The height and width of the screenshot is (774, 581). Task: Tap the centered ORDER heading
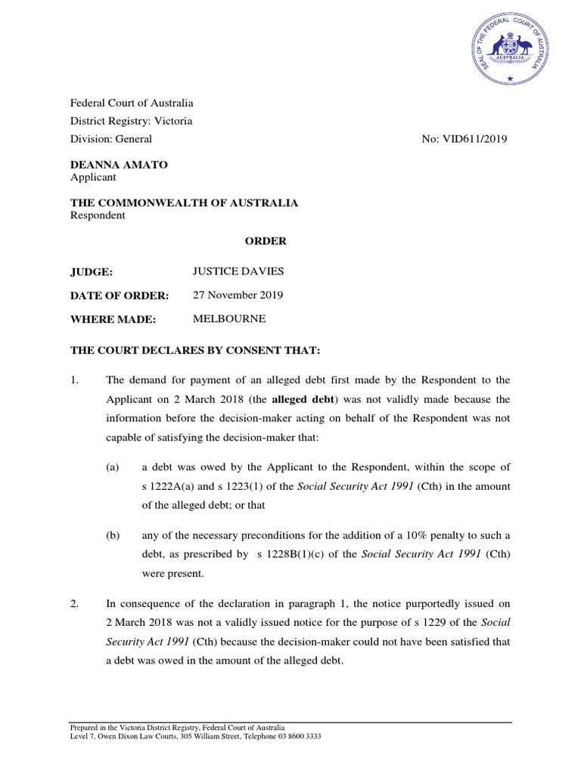point(265,241)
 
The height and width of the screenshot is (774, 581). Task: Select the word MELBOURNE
point(229,320)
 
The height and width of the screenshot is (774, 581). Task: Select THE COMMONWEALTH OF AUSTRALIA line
point(184,203)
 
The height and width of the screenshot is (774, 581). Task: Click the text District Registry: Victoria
point(131,121)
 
